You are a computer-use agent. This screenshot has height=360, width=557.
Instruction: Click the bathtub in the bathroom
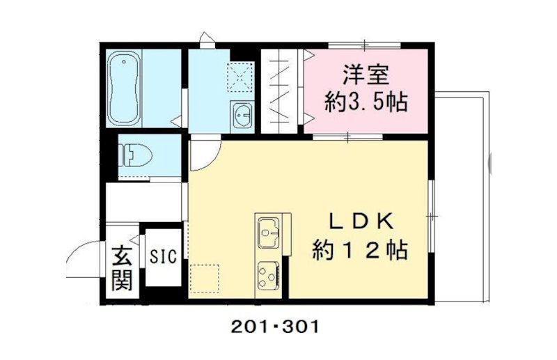[124, 88]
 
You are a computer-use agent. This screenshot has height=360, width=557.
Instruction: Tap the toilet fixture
[135, 155]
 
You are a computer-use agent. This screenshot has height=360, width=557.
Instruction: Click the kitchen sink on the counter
[269, 232]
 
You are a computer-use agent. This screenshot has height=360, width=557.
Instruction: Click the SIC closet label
[163, 256]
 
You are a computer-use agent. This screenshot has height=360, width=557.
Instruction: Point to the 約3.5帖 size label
[366, 102]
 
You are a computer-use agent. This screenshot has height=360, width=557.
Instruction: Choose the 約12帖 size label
[360, 250]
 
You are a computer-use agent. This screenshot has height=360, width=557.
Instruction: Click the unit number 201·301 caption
[275, 327]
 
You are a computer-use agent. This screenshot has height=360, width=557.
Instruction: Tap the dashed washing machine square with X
[240, 77]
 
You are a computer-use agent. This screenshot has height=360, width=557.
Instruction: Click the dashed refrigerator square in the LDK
[204, 279]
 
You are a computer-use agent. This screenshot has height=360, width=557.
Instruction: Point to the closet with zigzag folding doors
[279, 91]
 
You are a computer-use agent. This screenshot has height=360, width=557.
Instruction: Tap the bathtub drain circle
[124, 61]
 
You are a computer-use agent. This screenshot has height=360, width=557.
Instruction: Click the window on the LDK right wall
[431, 217]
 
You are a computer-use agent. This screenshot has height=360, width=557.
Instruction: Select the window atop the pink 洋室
[364, 45]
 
